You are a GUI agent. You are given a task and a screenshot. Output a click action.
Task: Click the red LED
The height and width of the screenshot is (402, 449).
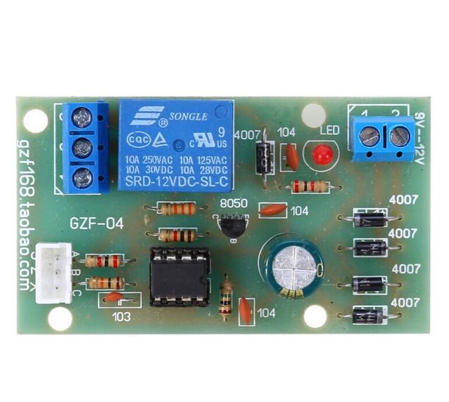(322, 155)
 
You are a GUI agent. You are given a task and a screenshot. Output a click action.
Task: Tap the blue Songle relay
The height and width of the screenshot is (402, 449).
(176, 145)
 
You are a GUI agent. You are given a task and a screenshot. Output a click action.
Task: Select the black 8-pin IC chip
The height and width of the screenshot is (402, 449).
(179, 276)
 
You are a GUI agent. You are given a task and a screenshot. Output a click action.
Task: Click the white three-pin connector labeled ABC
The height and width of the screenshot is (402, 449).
(54, 273)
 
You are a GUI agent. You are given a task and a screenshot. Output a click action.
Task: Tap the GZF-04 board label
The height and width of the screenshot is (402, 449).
(96, 225)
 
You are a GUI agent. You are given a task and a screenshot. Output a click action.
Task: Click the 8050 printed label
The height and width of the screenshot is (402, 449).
(233, 204)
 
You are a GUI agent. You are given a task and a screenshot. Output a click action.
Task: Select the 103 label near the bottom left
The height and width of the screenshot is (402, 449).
(121, 316)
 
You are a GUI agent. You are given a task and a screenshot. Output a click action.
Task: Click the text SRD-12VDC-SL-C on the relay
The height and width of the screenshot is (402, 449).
(176, 183)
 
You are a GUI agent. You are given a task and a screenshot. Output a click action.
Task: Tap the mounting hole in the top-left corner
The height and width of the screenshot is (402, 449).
(35, 120)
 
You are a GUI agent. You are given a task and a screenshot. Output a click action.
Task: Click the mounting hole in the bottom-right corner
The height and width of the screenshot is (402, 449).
(315, 316)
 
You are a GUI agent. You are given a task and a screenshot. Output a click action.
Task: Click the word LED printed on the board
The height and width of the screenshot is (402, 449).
(329, 131)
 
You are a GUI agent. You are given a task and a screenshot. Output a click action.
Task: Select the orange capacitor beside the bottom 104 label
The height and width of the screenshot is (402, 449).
(245, 310)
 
